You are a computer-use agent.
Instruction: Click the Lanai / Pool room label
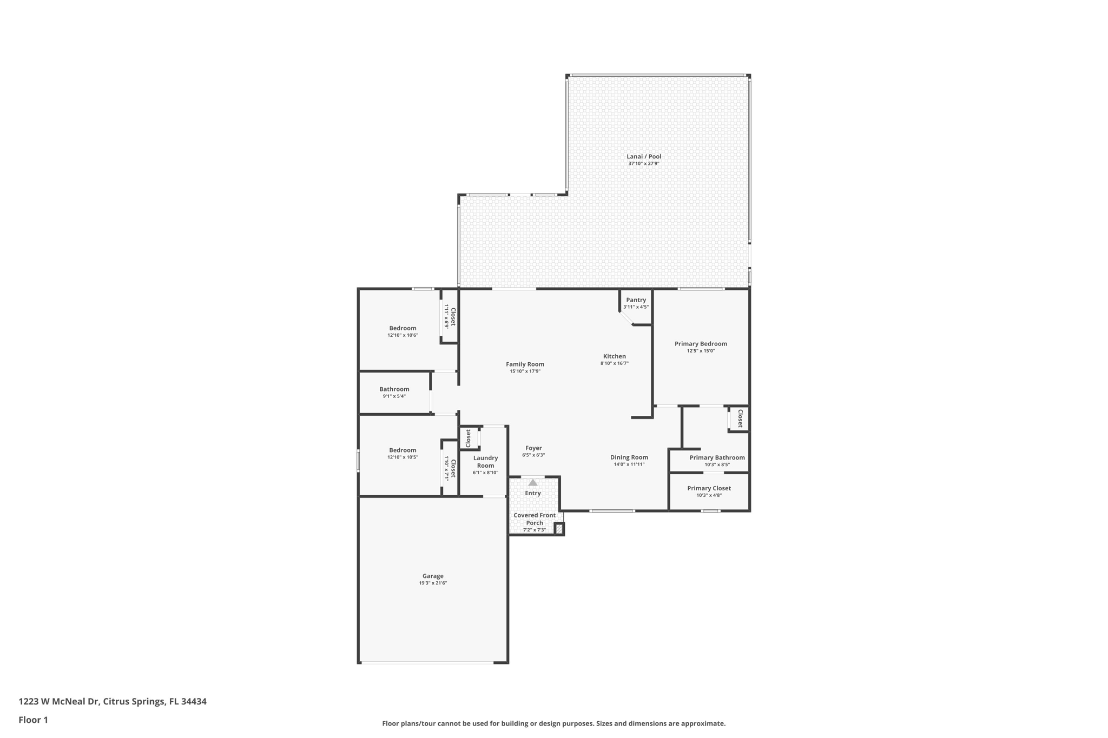[644, 157]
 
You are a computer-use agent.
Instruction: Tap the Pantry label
[636, 300]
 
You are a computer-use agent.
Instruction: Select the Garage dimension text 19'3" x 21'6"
[433, 583]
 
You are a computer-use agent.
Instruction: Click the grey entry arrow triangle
[533, 482]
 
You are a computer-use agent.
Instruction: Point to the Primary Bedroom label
[701, 344]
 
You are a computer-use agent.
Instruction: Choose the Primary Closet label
[709, 488]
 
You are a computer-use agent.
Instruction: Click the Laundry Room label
[485, 462]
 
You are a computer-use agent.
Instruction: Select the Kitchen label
[615, 356]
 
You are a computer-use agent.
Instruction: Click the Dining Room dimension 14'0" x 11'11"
[629, 464]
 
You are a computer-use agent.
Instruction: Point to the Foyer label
[533, 448]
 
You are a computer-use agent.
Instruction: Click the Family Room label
[525, 364]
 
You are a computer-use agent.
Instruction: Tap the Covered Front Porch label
[535, 519]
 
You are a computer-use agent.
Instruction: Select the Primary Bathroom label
[717, 457]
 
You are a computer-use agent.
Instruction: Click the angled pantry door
[626, 318]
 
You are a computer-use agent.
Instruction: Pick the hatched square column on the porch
[559, 529]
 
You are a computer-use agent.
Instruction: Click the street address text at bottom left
[113, 702]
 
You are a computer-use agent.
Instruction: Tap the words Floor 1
[33, 720]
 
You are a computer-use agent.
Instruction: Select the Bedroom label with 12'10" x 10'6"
[403, 328]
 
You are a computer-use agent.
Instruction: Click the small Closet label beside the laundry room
[469, 438]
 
